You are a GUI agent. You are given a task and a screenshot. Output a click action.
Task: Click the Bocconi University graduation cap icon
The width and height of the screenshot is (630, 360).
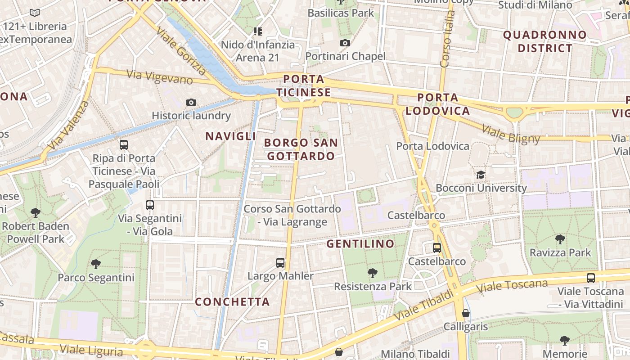[481, 175]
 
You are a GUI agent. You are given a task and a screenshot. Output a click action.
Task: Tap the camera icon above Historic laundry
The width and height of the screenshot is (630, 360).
[191, 103]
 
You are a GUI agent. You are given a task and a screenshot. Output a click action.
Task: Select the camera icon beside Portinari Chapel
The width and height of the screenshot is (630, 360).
[345, 43]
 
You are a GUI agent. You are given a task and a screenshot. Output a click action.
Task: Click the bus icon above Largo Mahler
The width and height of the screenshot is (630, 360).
[280, 262]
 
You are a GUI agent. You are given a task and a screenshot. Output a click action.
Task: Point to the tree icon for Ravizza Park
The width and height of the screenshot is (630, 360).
[560, 239]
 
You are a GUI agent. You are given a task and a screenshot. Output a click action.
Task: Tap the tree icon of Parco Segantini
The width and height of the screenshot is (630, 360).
[95, 264]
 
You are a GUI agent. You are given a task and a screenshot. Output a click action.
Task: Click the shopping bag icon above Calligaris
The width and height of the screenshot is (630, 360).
[466, 313]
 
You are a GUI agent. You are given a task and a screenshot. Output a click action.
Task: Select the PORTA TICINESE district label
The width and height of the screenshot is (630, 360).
[303, 86]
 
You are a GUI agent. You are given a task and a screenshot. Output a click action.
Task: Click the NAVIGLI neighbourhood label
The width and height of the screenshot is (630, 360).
[230, 136]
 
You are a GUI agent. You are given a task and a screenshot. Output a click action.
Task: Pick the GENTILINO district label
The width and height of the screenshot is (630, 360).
[360, 244]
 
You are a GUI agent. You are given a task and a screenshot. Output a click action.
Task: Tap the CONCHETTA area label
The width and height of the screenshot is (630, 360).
[232, 301]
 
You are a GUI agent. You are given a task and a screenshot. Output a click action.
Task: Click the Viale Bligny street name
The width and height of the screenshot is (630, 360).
[510, 134]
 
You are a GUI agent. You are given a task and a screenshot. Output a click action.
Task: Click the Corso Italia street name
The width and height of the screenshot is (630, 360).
[447, 40]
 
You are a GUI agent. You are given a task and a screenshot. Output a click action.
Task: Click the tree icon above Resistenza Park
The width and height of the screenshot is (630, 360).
[372, 273]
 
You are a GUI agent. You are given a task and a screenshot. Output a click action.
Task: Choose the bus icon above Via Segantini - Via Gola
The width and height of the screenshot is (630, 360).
[150, 205]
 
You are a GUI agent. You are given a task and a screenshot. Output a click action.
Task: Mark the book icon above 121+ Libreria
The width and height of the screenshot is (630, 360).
[35, 13]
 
